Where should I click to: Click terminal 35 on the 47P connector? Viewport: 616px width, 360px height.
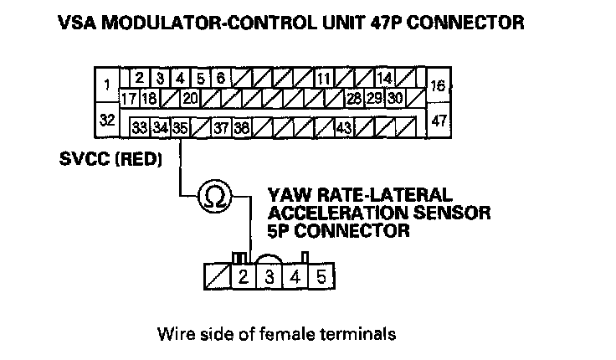tap(180, 128)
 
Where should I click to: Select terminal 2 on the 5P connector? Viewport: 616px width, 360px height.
tap(242, 275)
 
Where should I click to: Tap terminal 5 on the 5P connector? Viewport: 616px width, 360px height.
tap(322, 275)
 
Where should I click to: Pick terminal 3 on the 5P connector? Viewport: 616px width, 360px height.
tap(269, 275)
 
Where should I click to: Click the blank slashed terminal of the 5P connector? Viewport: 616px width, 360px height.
tap(216, 275)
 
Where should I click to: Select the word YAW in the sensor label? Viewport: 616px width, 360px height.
tap(284, 193)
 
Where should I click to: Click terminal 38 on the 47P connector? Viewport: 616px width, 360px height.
tap(241, 128)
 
